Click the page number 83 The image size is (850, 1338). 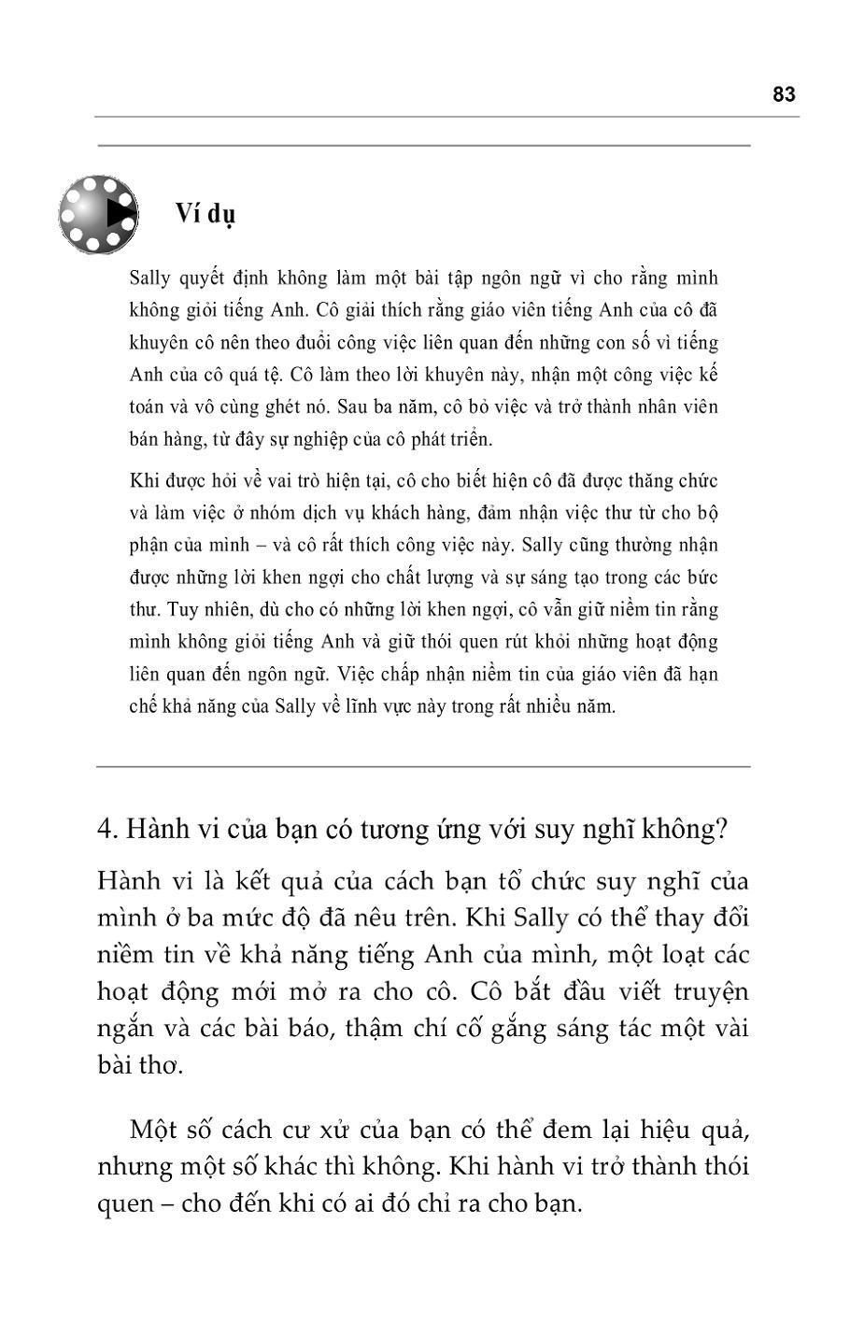784,94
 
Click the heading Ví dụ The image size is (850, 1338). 205,214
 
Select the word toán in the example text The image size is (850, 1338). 148,407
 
